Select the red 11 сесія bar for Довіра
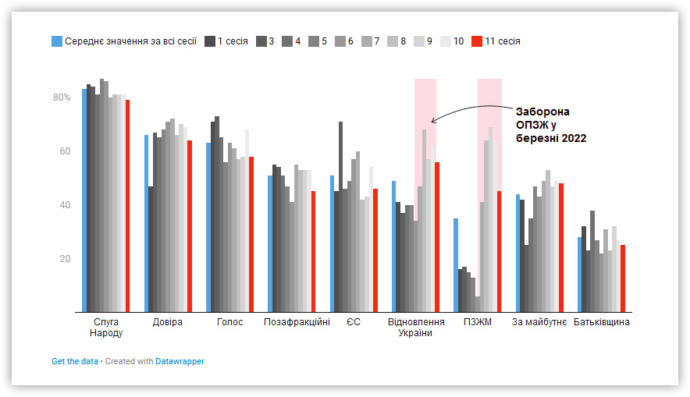coord(190,226)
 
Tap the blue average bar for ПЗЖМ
coord(456,265)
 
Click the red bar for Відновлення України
coord(437,237)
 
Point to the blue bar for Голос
coord(208,227)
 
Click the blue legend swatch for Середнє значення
coord(57,41)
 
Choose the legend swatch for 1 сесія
coord(210,41)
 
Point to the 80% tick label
coord(62,97)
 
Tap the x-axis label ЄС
coord(354,322)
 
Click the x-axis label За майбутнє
coord(539,322)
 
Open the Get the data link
coord(75,361)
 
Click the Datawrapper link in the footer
coord(180,361)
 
